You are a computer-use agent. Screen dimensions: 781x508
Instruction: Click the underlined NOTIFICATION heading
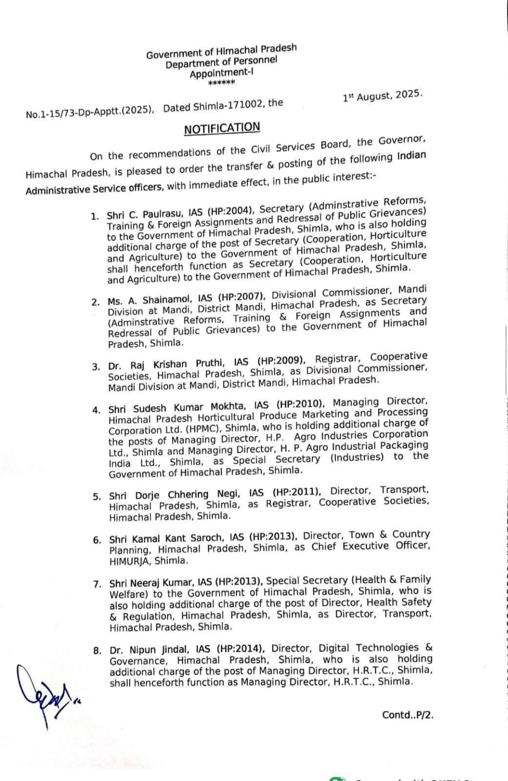(222, 128)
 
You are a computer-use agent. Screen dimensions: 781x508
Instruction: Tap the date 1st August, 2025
(383, 96)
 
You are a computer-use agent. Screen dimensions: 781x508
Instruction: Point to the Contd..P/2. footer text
(408, 715)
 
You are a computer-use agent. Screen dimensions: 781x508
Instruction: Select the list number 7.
(97, 584)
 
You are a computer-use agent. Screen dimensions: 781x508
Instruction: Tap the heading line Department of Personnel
(221, 62)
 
